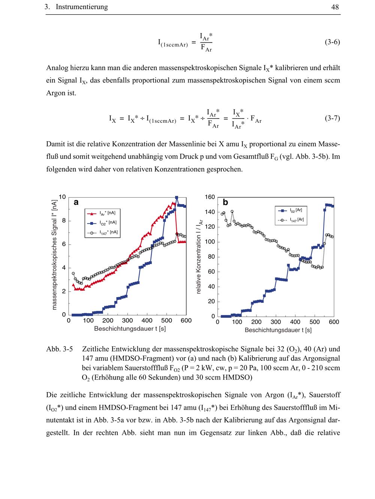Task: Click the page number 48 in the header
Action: click(335, 7)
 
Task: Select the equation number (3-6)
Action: click(332, 42)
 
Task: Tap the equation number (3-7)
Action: click(332, 119)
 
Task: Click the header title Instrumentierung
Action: click(81, 7)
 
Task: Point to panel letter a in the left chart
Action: click(76, 203)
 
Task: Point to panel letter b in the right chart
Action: click(225, 203)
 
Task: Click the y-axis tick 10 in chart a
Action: click(62, 197)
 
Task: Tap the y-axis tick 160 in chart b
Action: click(210, 197)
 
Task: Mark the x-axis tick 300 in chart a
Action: click(127, 321)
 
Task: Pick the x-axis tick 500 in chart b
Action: click(315, 322)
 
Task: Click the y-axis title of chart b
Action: click(198, 257)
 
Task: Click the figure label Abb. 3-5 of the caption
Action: click(59, 349)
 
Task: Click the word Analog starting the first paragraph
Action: click(58, 68)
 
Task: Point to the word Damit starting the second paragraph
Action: click(56, 144)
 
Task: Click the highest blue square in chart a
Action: click(177, 198)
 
